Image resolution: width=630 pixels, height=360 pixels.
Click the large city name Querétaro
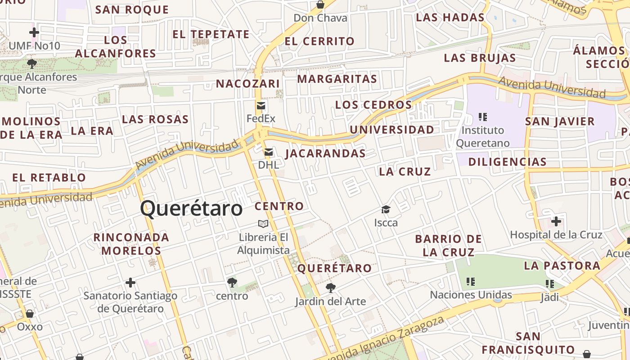point(191,208)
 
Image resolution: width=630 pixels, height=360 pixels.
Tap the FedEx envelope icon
point(261,106)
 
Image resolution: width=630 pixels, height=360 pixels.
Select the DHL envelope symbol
point(269,152)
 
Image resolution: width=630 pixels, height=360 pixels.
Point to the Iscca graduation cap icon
point(386,209)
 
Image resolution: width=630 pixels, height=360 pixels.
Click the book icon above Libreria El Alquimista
point(263,224)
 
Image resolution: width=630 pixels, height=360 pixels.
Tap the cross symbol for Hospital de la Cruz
point(556,221)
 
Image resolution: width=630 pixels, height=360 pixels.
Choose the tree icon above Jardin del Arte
point(331,288)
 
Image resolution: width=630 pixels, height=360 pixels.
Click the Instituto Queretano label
point(483,137)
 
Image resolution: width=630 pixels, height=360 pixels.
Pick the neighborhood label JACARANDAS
point(325,153)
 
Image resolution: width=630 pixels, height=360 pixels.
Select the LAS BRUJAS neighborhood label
point(480,58)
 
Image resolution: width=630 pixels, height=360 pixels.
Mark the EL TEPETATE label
point(211,35)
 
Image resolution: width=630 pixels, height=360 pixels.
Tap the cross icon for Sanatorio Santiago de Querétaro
point(130,283)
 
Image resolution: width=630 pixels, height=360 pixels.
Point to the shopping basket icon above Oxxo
point(30,314)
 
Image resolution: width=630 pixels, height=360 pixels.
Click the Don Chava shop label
point(320,18)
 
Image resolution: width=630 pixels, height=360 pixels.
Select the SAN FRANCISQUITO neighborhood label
point(528,343)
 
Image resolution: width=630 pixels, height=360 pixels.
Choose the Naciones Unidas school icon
point(471,282)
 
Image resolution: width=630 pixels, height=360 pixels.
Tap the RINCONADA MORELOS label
point(131,244)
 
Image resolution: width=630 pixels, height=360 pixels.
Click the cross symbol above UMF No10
point(34,32)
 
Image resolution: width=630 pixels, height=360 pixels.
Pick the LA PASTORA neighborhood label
point(562,265)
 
